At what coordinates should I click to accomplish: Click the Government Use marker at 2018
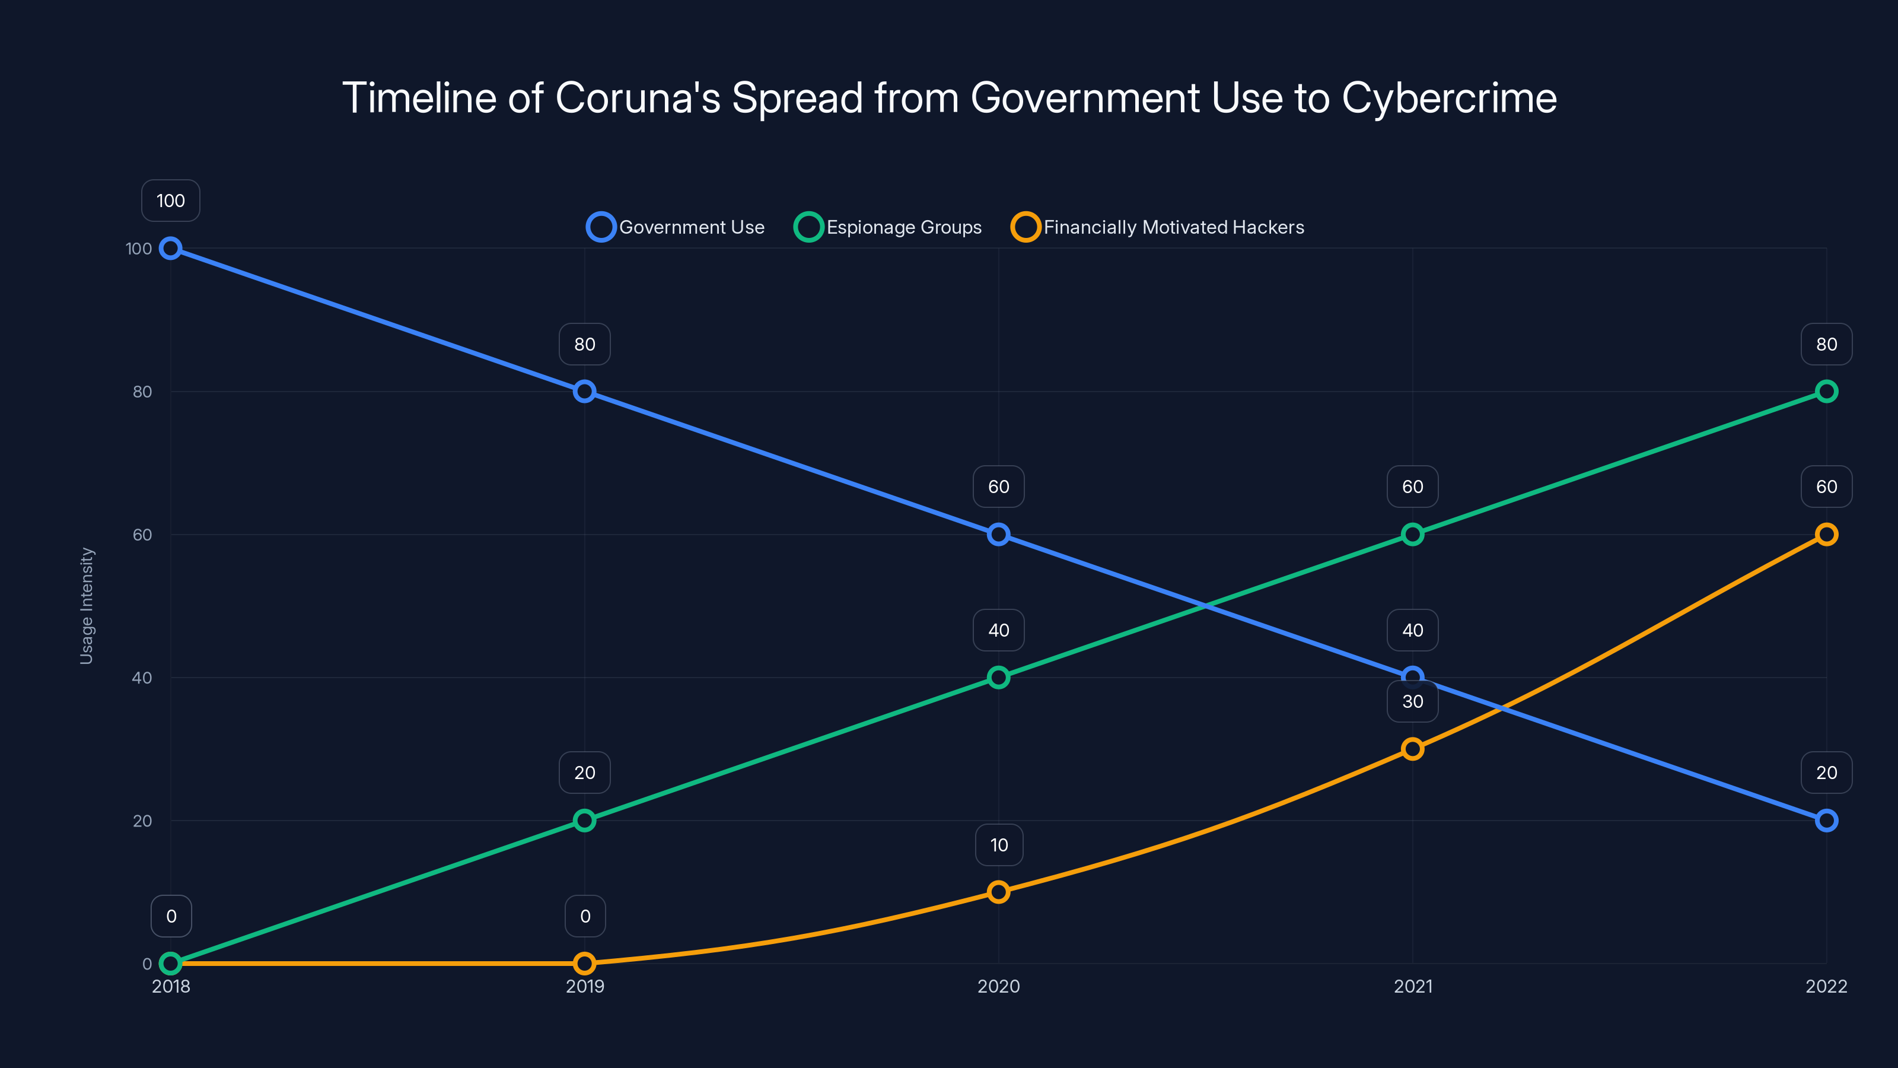click(x=171, y=249)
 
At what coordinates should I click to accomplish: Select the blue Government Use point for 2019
click(x=584, y=392)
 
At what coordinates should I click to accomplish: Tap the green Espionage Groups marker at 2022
click(x=1826, y=392)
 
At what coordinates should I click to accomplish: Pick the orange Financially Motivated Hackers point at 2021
click(x=1412, y=749)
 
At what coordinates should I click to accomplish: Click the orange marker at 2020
click(x=998, y=892)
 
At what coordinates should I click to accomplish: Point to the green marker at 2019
click(x=584, y=821)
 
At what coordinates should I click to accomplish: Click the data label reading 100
click(x=171, y=201)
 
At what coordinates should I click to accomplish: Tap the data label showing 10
click(x=998, y=845)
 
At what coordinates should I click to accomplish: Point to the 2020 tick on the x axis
click(x=998, y=986)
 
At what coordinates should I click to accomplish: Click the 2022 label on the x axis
click(x=1826, y=986)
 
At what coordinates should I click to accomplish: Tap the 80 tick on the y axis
click(x=142, y=392)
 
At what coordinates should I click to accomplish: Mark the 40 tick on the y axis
click(x=142, y=678)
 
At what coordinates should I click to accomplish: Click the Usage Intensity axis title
click(x=87, y=605)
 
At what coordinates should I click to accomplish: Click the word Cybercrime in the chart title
click(x=1448, y=98)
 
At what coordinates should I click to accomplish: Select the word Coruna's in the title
click(x=638, y=98)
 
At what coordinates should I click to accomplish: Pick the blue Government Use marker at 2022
click(x=1826, y=821)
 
